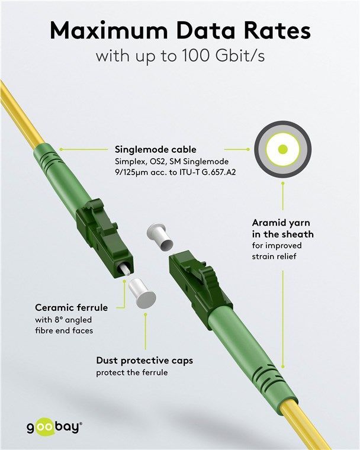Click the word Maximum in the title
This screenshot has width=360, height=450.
[x=109, y=30]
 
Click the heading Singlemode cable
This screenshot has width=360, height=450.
[x=156, y=150]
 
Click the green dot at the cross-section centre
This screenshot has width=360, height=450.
[x=283, y=149]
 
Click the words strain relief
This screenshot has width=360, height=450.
[x=274, y=256]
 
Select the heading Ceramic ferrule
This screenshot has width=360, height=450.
[x=72, y=308]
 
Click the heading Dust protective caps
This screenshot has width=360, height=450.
[x=144, y=361]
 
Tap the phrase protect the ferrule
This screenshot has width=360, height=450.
[x=132, y=373]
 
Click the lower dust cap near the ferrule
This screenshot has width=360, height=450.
[x=142, y=293]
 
